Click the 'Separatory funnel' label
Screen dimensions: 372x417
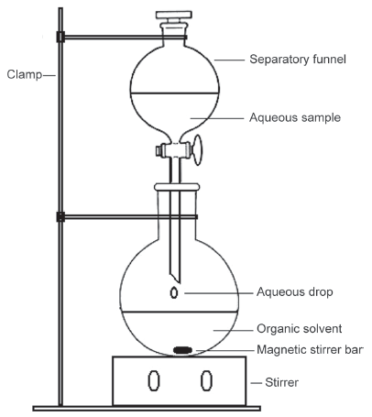[298, 59]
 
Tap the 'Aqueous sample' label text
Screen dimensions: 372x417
[295, 117]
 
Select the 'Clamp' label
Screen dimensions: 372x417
[25, 74]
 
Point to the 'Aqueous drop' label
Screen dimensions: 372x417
[294, 292]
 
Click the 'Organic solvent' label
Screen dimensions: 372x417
[299, 329]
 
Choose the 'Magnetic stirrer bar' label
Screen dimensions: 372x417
[310, 349]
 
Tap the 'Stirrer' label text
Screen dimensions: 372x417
[281, 382]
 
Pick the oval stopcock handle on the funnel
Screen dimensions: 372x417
[198, 150]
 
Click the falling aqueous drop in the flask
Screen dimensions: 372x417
[174, 292]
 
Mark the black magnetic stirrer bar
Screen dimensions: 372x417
[182, 350]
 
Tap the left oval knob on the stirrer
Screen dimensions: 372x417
[154, 380]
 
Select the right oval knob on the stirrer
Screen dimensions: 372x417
[206, 380]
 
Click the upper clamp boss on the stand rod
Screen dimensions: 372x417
[60, 37]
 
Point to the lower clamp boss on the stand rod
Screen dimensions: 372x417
[60, 217]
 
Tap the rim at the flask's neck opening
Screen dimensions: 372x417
[177, 187]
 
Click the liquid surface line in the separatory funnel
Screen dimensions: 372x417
[175, 93]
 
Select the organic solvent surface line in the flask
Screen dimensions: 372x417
[180, 312]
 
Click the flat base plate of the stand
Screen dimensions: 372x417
[147, 409]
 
